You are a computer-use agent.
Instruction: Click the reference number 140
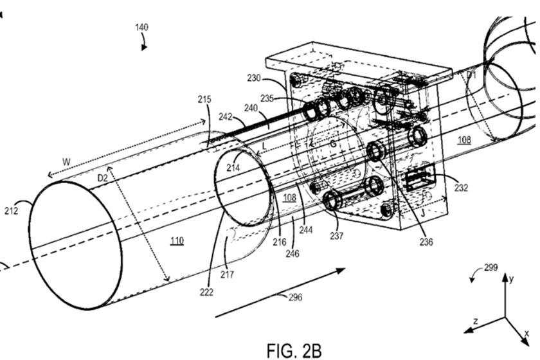point(141,28)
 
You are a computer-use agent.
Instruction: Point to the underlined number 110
point(176,240)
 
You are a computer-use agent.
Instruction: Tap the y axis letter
point(511,279)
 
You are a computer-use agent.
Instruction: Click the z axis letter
point(474,319)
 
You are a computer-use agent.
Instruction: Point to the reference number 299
point(491,268)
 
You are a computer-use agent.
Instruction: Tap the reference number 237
point(337,236)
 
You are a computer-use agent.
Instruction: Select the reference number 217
point(228,274)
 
